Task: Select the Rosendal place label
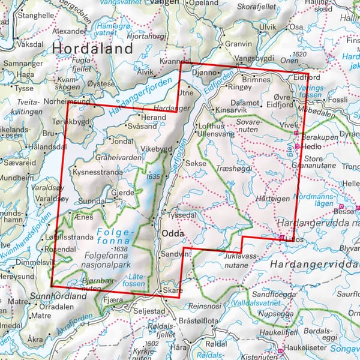(75, 250)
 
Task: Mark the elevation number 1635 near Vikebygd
(154, 176)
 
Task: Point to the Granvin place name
(238, 44)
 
